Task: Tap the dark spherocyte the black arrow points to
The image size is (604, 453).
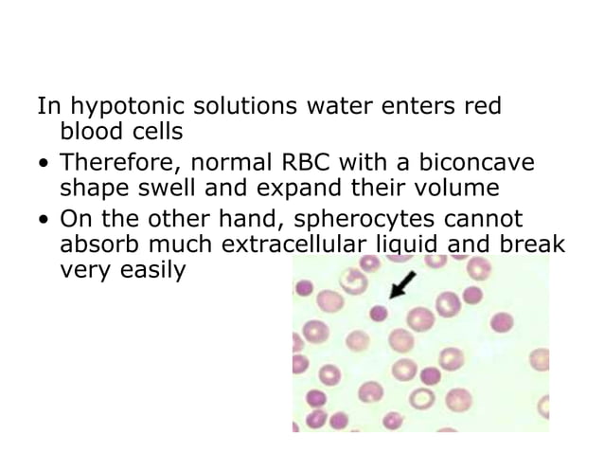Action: click(x=381, y=311)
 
